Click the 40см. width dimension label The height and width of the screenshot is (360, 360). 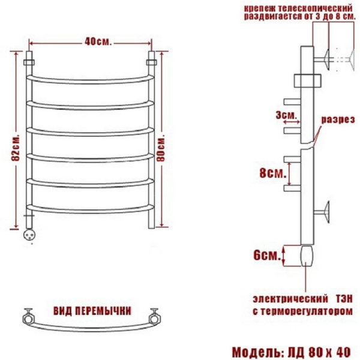click(x=98, y=41)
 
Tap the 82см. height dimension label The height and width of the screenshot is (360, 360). click(x=16, y=147)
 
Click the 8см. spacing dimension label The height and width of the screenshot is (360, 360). click(x=273, y=173)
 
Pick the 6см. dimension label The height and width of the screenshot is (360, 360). click(x=267, y=255)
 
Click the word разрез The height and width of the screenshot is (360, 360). click(x=338, y=119)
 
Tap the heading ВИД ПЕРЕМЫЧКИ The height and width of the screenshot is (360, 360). click(x=92, y=311)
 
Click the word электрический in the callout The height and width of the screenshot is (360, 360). click(x=290, y=299)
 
